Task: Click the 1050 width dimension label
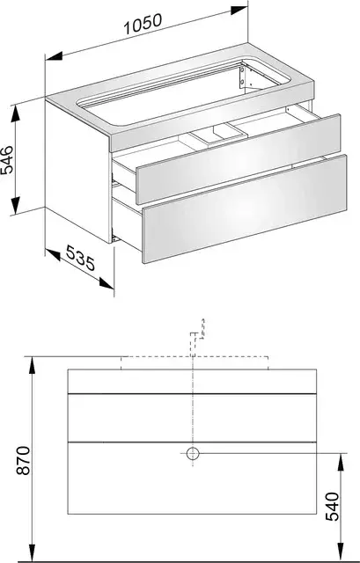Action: [x=143, y=24]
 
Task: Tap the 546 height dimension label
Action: [x=8, y=159]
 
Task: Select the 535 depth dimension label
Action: [x=81, y=258]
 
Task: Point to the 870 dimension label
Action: [x=24, y=461]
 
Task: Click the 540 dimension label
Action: [x=332, y=507]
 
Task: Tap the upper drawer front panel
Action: [x=238, y=158]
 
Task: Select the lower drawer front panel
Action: [x=245, y=208]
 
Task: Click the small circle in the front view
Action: [x=193, y=454]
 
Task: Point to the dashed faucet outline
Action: [x=197, y=338]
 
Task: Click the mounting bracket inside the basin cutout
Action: [x=243, y=77]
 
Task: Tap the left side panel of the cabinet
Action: [x=78, y=172]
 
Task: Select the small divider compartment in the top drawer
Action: [x=219, y=135]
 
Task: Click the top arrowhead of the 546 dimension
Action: [x=15, y=113]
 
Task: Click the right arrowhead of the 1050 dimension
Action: [x=239, y=10]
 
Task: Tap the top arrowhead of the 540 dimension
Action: [x=341, y=462]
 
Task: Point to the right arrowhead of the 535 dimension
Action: [x=107, y=283]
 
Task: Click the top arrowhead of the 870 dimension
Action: [x=33, y=366]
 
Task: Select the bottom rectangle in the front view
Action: [x=192, y=478]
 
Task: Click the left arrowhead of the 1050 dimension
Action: [x=55, y=56]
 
